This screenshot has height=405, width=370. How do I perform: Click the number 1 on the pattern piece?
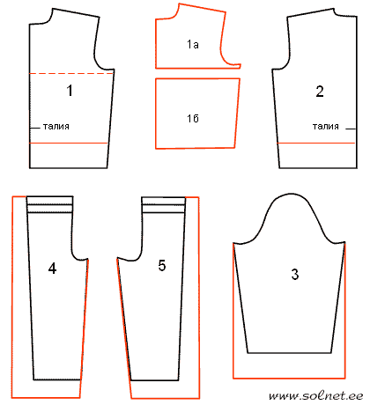click(x=70, y=91)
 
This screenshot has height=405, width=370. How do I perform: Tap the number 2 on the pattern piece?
click(x=320, y=92)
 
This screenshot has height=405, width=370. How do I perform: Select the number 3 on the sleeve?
click(x=295, y=275)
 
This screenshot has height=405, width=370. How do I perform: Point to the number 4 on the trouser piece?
click(x=52, y=269)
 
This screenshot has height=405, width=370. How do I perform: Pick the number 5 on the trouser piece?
click(x=162, y=265)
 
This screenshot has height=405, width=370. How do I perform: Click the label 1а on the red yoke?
click(x=193, y=44)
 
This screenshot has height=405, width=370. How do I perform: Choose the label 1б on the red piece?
click(x=193, y=118)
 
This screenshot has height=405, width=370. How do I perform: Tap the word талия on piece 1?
click(x=56, y=127)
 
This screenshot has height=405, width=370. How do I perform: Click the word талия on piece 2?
click(x=326, y=127)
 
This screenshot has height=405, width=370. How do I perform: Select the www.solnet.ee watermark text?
click(x=316, y=396)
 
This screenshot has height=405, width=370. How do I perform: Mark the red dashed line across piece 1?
click(x=71, y=73)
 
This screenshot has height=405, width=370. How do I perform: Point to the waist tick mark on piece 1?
click(x=34, y=129)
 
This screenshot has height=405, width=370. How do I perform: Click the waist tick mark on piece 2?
click(x=351, y=129)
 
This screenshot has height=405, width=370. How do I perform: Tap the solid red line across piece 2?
click(x=316, y=144)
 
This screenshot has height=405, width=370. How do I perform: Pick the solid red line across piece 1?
click(x=69, y=144)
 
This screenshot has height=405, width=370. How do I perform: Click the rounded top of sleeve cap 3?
click(x=289, y=194)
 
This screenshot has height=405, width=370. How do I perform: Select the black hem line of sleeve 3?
click(x=290, y=353)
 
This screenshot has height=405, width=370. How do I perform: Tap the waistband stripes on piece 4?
click(x=50, y=204)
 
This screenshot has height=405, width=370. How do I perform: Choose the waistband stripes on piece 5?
click(x=164, y=204)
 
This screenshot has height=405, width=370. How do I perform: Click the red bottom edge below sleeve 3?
click(x=289, y=378)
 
